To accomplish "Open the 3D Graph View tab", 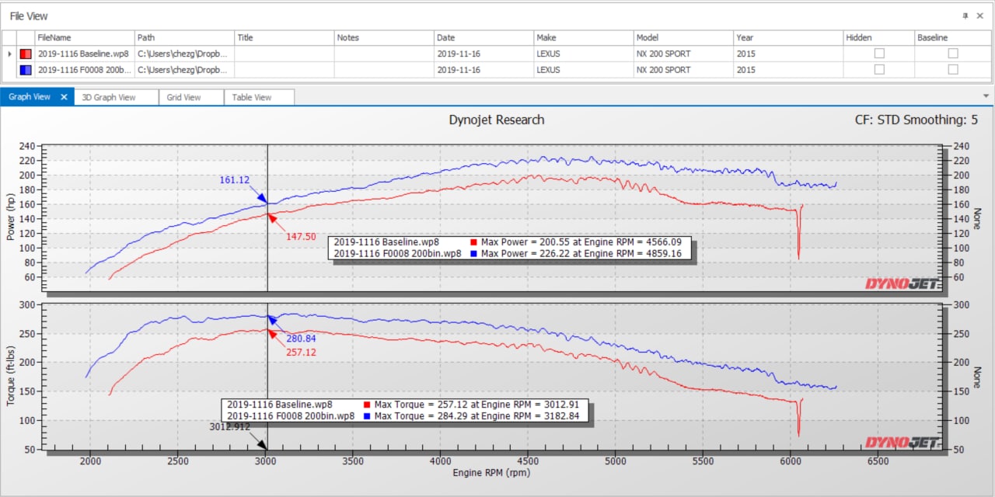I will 109,97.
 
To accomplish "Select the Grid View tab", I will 183,97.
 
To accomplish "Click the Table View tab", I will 252,97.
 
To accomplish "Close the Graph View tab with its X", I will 65,97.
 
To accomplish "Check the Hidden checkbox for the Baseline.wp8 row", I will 879,54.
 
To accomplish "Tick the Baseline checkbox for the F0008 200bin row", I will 953,69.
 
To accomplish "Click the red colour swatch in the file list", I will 26,54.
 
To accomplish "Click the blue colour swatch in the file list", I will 26,69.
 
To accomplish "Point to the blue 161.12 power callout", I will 234,180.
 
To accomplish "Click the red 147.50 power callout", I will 301,236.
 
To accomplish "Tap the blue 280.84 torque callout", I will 302,339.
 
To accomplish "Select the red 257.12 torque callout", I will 301,353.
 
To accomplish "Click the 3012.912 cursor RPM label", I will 229,426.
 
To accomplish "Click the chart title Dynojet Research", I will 497,120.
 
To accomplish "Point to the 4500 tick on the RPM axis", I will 528,461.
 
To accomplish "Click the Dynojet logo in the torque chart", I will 902,442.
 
